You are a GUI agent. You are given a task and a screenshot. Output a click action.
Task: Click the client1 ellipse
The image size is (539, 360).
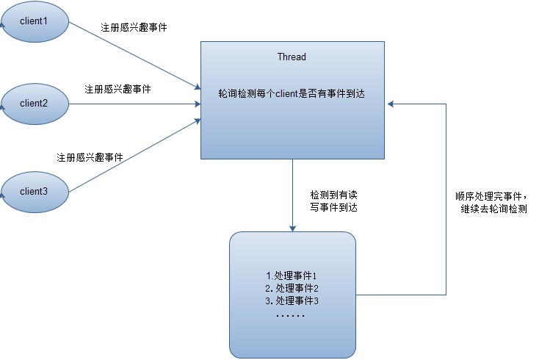pos(33,21)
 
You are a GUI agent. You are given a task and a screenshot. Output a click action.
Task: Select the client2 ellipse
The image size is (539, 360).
pos(33,103)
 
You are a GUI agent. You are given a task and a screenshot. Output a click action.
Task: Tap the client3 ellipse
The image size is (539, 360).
pos(33,191)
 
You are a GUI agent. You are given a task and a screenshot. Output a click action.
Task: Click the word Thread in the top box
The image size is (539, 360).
pos(292,57)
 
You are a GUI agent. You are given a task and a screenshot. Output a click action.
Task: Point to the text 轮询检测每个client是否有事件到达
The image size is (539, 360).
pos(292,94)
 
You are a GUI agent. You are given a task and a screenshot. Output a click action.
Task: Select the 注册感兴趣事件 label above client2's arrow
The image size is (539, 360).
pos(118,89)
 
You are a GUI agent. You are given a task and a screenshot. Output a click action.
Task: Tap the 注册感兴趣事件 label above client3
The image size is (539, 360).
pos(90,157)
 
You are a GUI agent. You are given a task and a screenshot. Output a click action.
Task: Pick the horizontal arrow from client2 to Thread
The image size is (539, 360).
pos(132,104)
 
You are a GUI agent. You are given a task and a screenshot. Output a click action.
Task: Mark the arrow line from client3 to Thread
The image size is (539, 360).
pos(132,156)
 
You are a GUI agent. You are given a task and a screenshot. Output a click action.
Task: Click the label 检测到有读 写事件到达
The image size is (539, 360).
pos(334,204)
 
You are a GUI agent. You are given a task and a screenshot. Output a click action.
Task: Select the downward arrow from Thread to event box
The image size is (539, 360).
pos(292,195)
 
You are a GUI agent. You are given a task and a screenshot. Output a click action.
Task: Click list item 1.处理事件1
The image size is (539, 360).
pos(292,275)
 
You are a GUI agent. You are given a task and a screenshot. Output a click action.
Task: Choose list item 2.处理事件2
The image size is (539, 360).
pos(292,288)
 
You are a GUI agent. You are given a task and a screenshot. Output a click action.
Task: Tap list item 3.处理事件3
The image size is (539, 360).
pos(292,301)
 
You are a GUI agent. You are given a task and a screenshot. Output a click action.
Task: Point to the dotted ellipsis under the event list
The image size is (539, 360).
pos(292,314)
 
